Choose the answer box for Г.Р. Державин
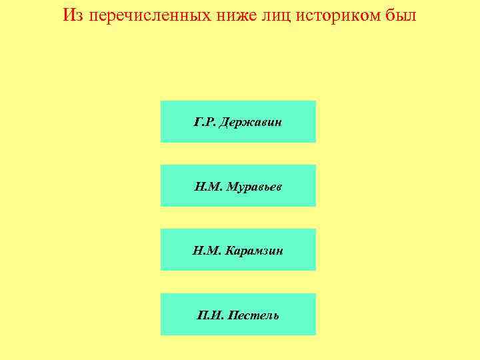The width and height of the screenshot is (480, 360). pyautogui.click(x=238, y=121)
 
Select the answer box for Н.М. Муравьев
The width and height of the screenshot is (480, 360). pyautogui.click(x=238, y=185)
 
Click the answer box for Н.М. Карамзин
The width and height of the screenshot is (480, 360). pyautogui.click(x=238, y=249)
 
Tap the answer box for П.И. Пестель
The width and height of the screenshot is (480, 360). pyautogui.click(x=238, y=314)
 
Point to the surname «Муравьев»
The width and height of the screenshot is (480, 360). pyautogui.click(x=254, y=187)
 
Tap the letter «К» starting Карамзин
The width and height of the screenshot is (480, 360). pyautogui.click(x=229, y=251)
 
